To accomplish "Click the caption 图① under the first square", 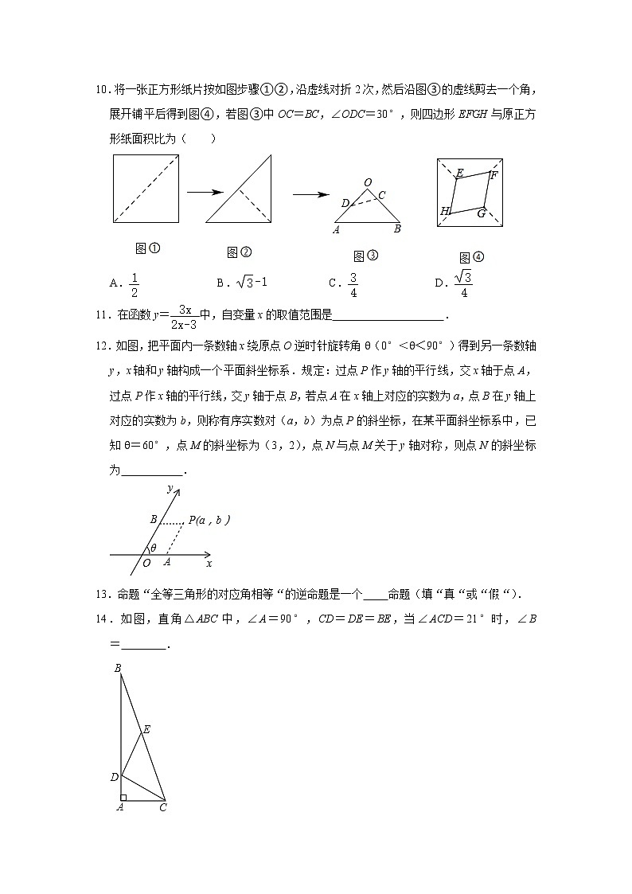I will (148, 248).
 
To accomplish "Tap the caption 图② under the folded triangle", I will (239, 252).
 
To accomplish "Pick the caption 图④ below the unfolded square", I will (471, 257).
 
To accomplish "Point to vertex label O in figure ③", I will (367, 183).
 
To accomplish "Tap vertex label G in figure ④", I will (481, 213).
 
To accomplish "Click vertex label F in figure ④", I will (494, 175).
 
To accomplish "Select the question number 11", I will (100, 315).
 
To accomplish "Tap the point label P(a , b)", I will (209, 520).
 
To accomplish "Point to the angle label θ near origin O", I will (154, 548).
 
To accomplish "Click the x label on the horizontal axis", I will (209, 564).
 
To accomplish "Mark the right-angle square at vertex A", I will (123, 796).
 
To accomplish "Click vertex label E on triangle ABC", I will (146, 729).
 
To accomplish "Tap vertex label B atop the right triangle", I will (117, 668).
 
